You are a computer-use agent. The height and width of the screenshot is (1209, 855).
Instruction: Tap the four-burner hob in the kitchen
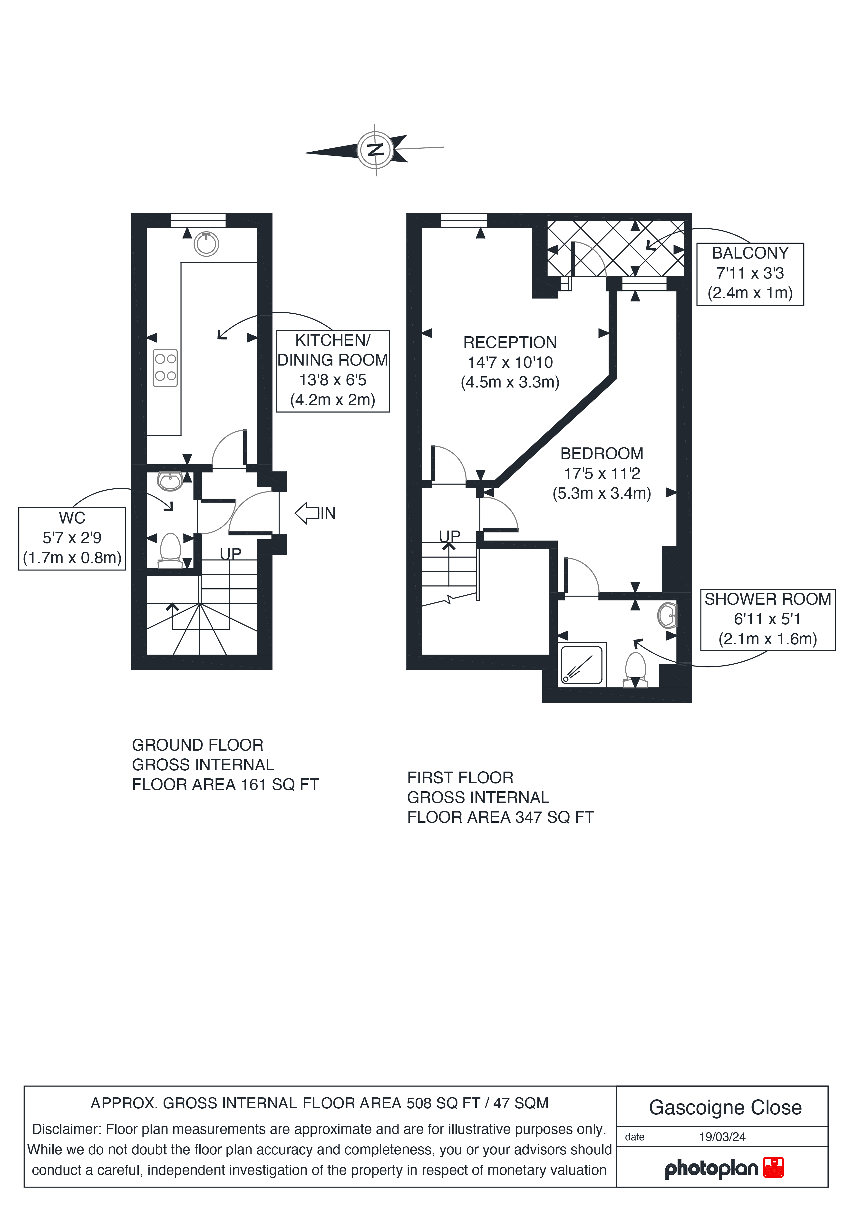tap(165, 368)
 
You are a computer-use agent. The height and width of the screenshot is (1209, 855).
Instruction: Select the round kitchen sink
tap(206, 244)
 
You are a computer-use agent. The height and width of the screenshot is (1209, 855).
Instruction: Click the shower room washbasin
tap(667, 615)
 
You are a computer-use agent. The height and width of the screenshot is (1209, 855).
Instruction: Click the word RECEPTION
tap(510, 342)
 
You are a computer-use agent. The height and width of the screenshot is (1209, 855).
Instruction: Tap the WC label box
tap(72, 538)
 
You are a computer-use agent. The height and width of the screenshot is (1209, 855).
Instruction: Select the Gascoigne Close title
tap(725, 1107)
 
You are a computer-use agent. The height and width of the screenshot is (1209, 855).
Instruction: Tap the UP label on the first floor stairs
tap(450, 536)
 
